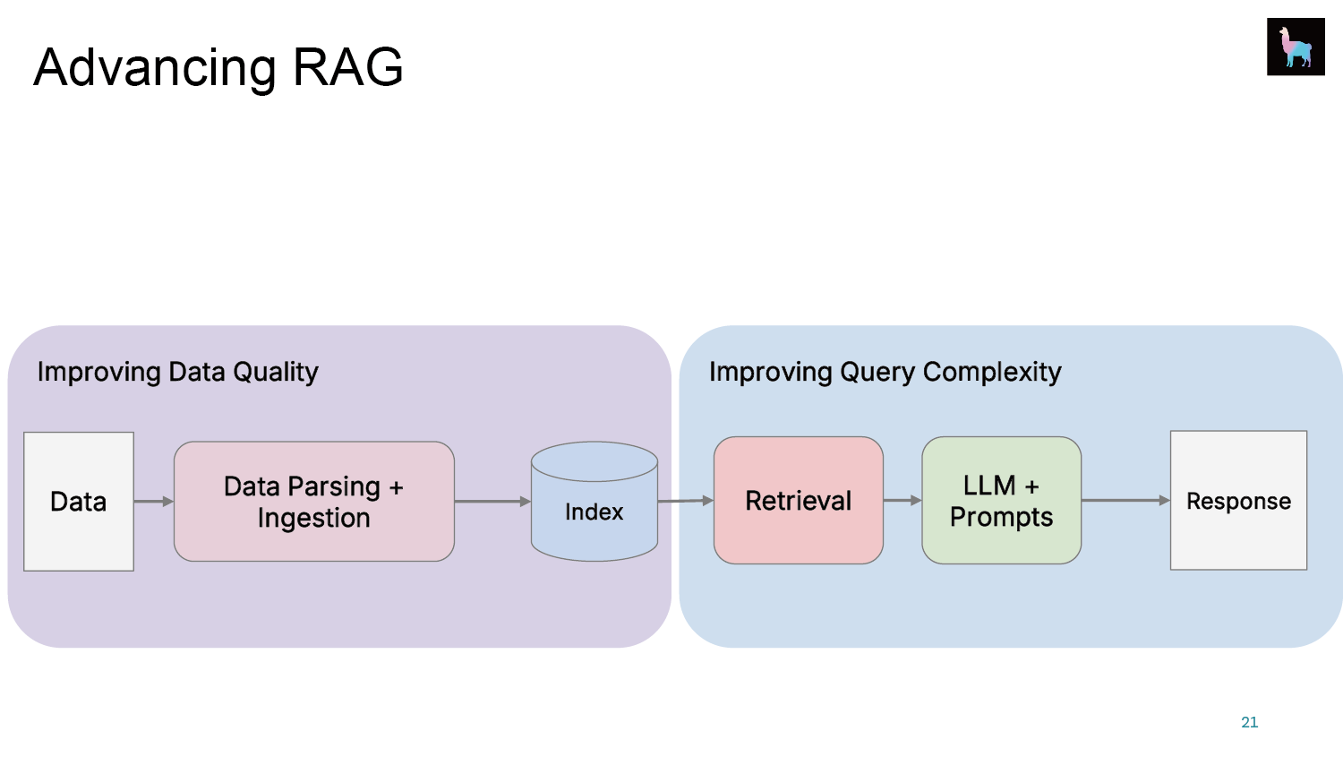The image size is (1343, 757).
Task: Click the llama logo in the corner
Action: (x=1296, y=47)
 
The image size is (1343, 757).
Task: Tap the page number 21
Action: (x=1250, y=722)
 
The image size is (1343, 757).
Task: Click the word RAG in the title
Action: (x=347, y=67)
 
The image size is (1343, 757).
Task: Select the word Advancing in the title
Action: (x=155, y=69)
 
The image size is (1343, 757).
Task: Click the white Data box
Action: (x=79, y=502)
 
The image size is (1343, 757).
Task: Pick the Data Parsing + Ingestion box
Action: (x=314, y=502)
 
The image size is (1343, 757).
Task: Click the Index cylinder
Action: (x=595, y=502)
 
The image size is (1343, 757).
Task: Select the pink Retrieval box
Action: (x=798, y=500)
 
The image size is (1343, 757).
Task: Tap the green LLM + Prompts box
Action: (x=1001, y=500)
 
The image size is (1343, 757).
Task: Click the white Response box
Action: (x=1238, y=500)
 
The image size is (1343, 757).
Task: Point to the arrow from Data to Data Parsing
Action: (x=154, y=501)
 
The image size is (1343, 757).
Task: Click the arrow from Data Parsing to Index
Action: (x=492, y=501)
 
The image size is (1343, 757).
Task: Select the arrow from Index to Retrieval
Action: (x=686, y=500)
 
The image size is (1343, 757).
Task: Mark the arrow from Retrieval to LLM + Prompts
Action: (x=902, y=500)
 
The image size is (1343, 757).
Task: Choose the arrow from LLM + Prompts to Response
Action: (x=1126, y=500)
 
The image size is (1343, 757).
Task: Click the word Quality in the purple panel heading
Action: (x=276, y=373)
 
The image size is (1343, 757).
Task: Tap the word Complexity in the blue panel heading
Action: (x=992, y=373)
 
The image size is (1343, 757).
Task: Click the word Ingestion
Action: (x=314, y=519)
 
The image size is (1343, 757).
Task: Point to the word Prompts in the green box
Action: (x=1001, y=517)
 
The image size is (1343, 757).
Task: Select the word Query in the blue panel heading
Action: (x=877, y=373)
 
